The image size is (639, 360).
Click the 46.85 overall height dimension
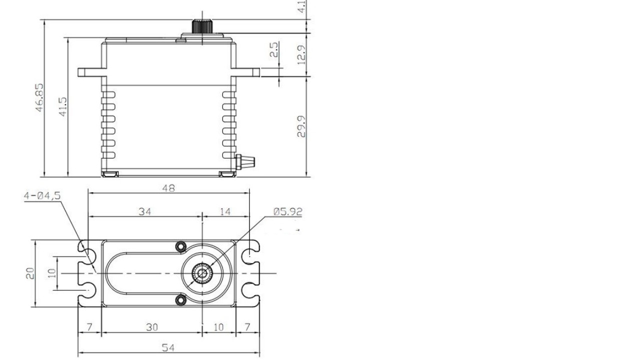pyautogui.click(x=39, y=97)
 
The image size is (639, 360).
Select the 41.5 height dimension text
pyautogui.click(x=62, y=107)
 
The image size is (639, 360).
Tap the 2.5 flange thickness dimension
pyautogui.click(x=274, y=49)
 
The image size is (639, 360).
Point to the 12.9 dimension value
pyautogui.click(x=301, y=54)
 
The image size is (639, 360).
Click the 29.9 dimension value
pyautogui.click(x=301, y=127)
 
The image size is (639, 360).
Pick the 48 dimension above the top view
pyautogui.click(x=168, y=188)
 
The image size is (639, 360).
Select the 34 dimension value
pyautogui.click(x=145, y=211)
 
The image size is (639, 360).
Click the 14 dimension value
pyautogui.click(x=225, y=211)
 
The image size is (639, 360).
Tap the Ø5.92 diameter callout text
pyautogui.click(x=288, y=211)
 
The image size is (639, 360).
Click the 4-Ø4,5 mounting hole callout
pyautogui.click(x=42, y=196)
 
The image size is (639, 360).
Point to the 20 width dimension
pyautogui.click(x=30, y=273)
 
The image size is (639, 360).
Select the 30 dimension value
pyautogui.click(x=152, y=327)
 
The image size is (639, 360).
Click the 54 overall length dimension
pyautogui.click(x=168, y=348)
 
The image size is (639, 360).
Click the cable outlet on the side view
pyautogui.click(x=246, y=161)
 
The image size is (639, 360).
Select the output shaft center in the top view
pyautogui.click(x=202, y=273)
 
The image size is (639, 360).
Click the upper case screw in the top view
pyautogui.click(x=180, y=246)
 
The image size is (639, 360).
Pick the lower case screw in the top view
pyautogui.click(x=180, y=300)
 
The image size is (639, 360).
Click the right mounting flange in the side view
pyautogui.click(x=247, y=72)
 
